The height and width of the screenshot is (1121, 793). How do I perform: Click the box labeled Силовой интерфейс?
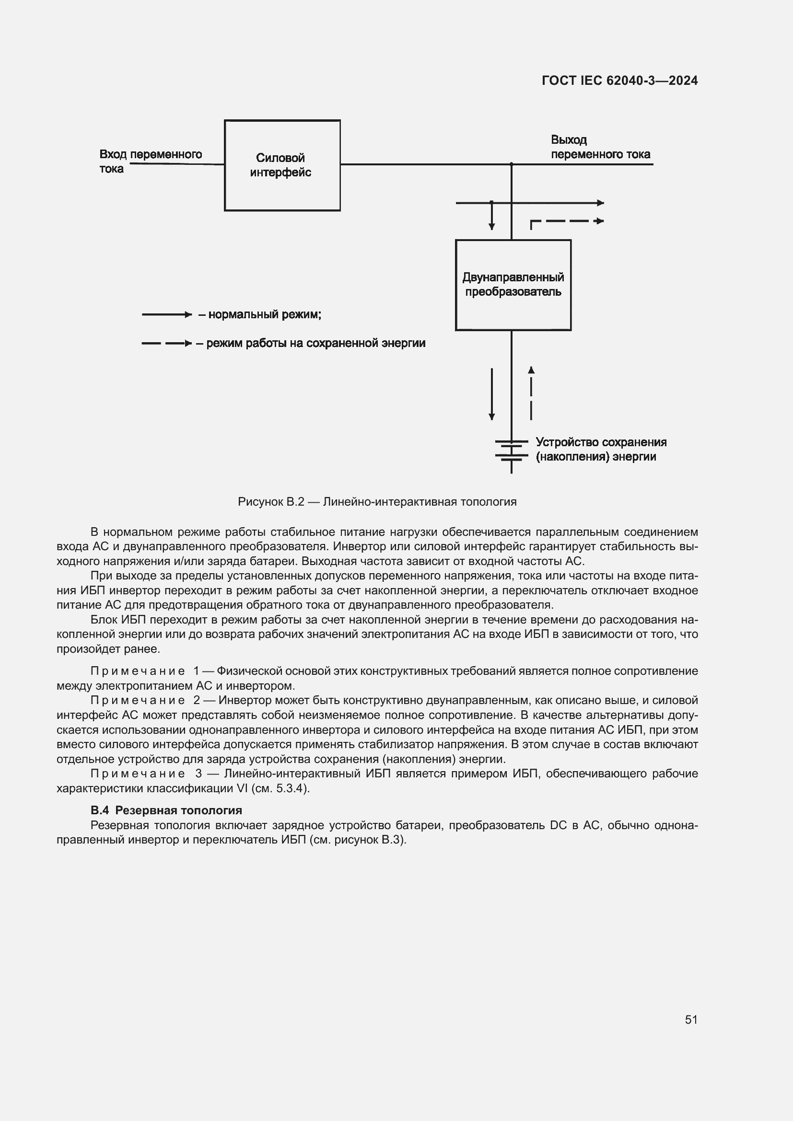click(x=282, y=165)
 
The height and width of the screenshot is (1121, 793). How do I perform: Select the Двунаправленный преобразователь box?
click(x=513, y=285)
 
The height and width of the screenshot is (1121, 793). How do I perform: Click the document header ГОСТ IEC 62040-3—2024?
click(x=619, y=81)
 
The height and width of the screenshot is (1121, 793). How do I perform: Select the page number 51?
click(x=691, y=1019)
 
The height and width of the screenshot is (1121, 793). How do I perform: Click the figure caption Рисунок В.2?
click(x=376, y=501)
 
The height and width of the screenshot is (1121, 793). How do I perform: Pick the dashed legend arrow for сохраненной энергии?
click(x=166, y=344)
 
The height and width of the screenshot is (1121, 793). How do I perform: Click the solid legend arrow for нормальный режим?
click(x=166, y=315)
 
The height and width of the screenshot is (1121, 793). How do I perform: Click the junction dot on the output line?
click(x=511, y=164)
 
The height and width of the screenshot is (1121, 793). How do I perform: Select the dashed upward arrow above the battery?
click(x=531, y=393)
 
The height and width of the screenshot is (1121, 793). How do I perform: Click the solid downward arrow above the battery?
click(x=492, y=393)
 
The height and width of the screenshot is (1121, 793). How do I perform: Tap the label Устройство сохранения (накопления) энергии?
click(x=601, y=449)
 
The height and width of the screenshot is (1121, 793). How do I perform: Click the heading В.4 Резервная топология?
click(x=166, y=810)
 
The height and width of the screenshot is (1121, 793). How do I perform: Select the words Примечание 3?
click(x=146, y=774)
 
